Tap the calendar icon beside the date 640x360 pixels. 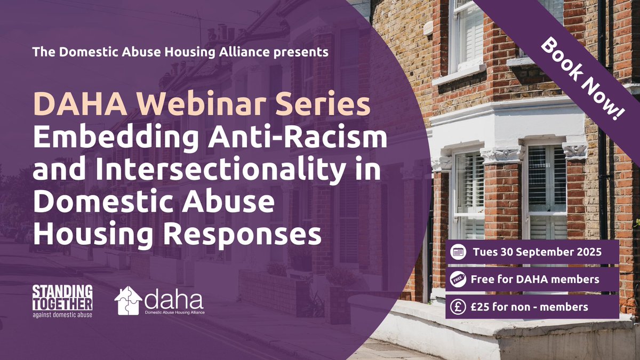[x=458, y=253]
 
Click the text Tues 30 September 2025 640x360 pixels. [x=537, y=253]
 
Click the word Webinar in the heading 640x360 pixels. [x=207, y=106]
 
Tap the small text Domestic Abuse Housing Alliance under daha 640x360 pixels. [x=174, y=312]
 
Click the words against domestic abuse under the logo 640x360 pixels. [x=62, y=314]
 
